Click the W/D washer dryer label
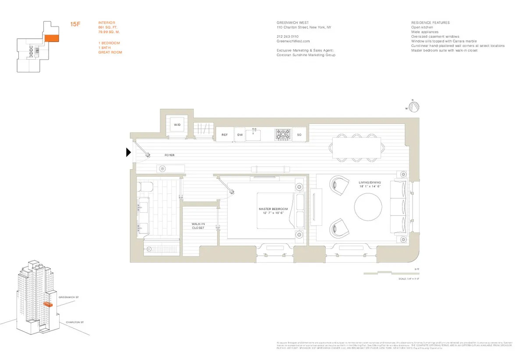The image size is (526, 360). tap(177, 125)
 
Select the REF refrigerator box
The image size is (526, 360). tap(224, 135)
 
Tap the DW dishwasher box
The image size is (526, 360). tap(240, 135)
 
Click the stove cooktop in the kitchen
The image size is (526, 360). tap(283, 135)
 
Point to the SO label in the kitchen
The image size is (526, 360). tap(299, 135)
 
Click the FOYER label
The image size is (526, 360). tap(169, 155)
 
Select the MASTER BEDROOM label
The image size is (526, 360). tap(274, 211)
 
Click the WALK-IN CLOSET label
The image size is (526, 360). tap(198, 226)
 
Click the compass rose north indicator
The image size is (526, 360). tap(414, 106)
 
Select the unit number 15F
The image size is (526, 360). tap(75, 25)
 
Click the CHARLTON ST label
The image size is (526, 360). tap(75, 322)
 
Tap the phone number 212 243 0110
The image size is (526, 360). tap(288, 36)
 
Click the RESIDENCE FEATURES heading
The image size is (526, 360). tap(430, 22)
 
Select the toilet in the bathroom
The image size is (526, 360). tap(145, 187)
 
